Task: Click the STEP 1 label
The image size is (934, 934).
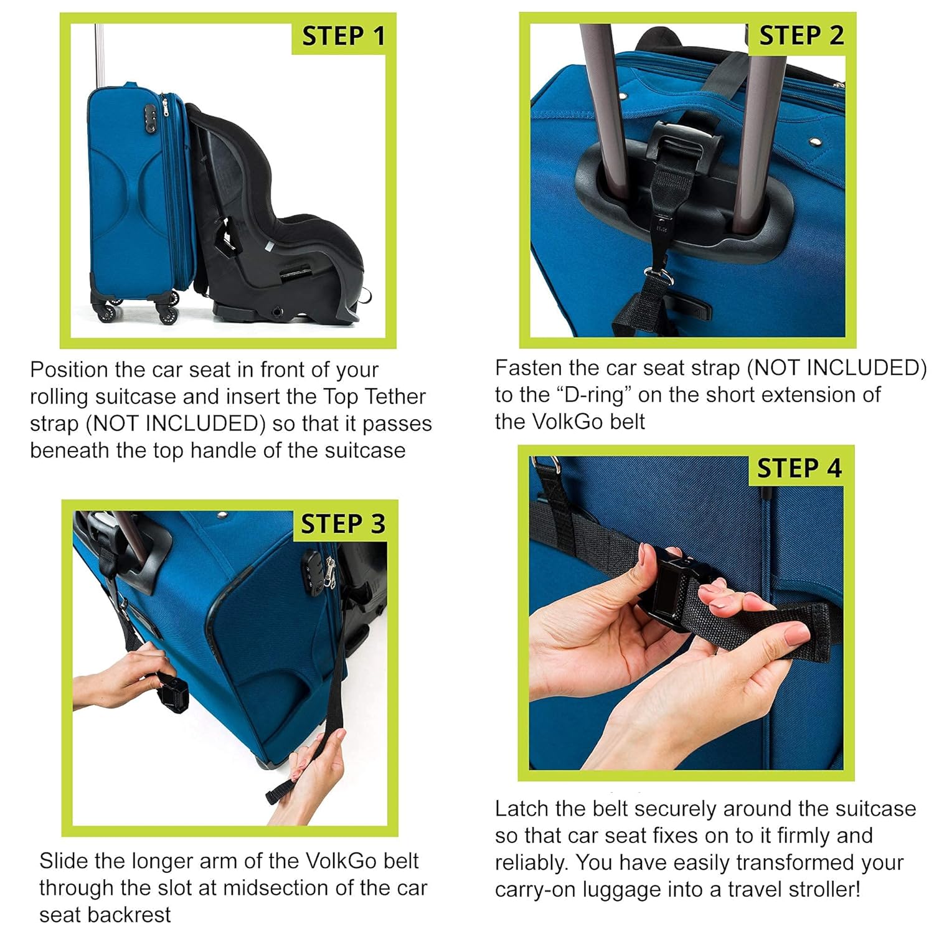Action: click(x=343, y=36)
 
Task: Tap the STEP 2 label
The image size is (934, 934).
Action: click(x=801, y=35)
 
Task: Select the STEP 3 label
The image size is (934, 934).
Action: click(x=343, y=524)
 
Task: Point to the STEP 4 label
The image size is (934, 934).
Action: click(x=799, y=468)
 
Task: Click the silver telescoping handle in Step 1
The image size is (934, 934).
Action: click(x=98, y=56)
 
